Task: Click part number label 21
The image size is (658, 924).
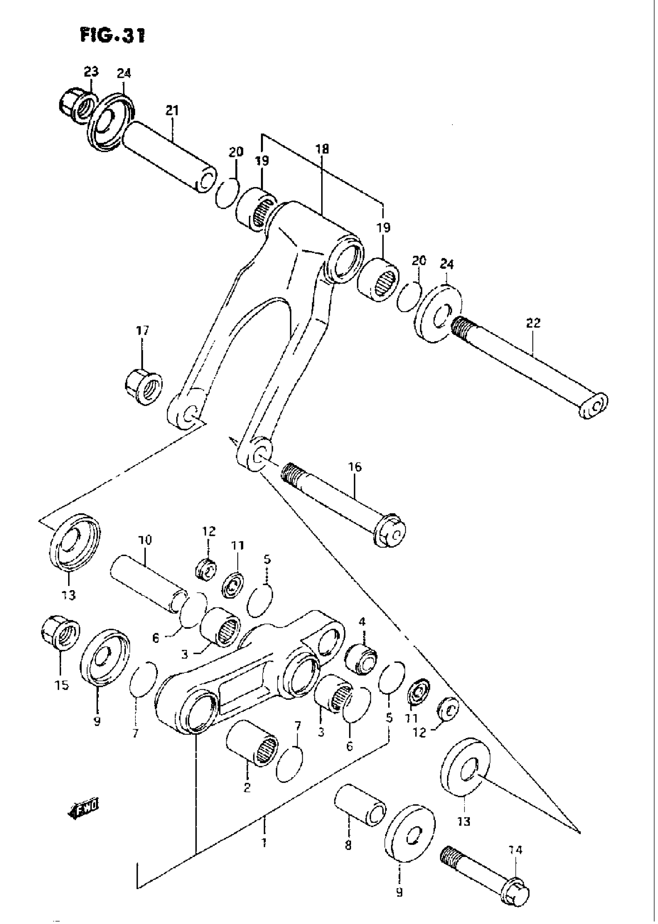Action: coord(172,111)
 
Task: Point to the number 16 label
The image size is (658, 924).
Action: coord(355,467)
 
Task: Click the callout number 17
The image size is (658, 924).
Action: coord(142,331)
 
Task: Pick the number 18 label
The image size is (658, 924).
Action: coord(323,149)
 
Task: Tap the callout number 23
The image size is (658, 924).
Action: coord(91,72)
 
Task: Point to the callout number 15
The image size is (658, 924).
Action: coord(62,685)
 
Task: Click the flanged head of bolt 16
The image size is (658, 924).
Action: coord(390,531)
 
